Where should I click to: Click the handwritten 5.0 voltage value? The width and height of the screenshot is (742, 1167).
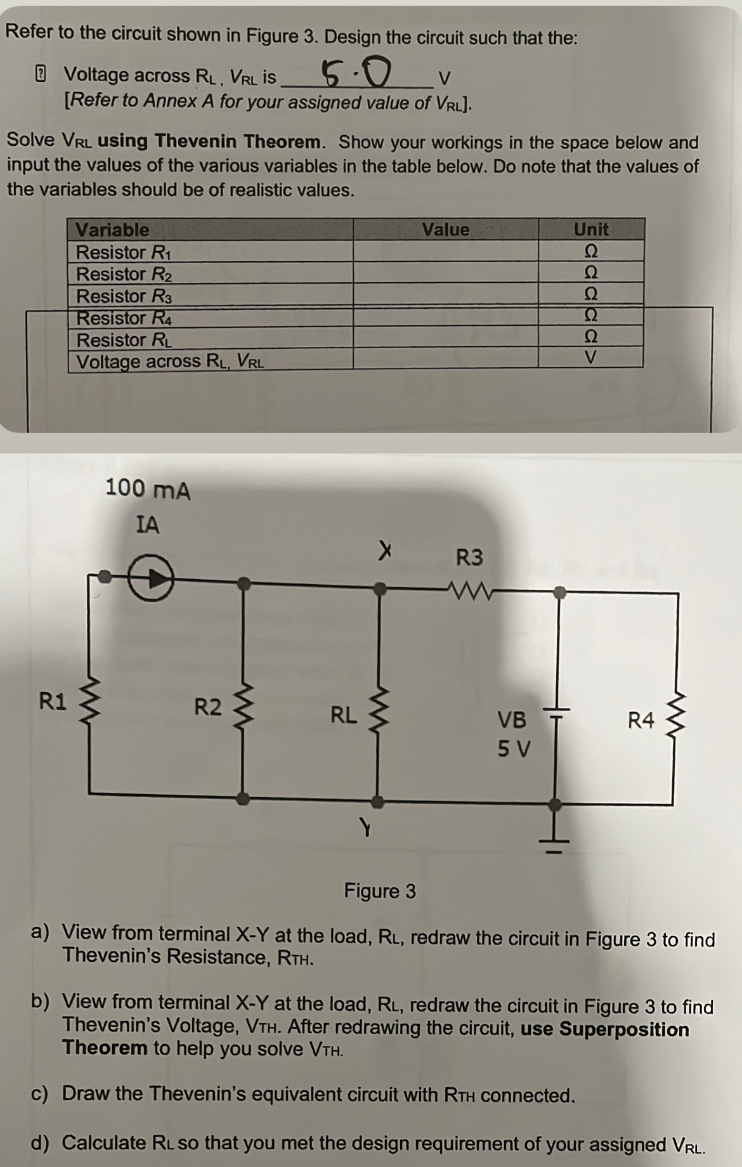[356, 75]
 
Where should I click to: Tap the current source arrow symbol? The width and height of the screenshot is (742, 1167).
[151, 577]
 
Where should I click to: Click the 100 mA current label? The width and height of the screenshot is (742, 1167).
[147, 490]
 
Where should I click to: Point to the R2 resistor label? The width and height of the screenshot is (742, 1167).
[207, 706]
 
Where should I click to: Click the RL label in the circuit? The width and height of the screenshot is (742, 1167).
[344, 715]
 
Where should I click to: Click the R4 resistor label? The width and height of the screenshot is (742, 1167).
[641, 720]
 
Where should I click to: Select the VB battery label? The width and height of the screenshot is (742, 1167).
[512, 720]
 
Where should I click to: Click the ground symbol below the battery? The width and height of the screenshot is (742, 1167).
[555, 836]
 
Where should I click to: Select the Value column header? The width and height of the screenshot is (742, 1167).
[445, 230]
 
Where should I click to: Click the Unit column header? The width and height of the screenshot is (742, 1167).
[590, 230]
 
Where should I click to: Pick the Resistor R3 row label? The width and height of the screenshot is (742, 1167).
[124, 296]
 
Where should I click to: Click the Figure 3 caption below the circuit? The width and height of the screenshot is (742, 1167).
[380, 891]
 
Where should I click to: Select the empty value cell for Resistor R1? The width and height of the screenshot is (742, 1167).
[445, 252]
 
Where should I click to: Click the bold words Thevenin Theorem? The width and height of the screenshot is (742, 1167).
[240, 141]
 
